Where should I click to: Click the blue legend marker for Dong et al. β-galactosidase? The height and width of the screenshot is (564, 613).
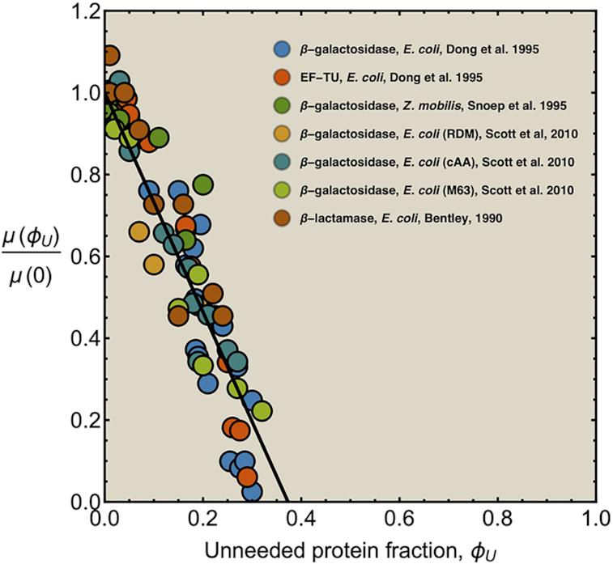pos(283,49)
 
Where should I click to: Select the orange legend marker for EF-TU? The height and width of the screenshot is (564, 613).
pos(283,78)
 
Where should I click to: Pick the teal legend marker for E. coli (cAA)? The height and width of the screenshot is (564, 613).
pos(283,162)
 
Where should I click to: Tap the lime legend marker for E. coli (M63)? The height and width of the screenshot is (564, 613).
pos(283,190)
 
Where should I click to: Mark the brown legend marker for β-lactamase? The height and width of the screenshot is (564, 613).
pos(283,218)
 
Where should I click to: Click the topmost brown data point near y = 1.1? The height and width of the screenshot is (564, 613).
pos(110,56)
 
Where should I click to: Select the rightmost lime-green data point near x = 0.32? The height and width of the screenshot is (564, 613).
pos(262,410)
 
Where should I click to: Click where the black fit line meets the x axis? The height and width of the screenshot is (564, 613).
pos(287,501)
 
